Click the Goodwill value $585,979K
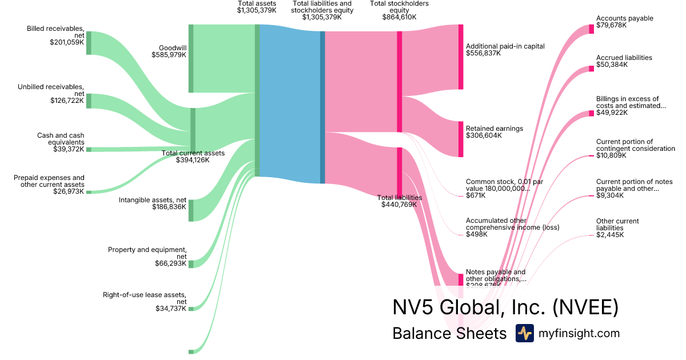(x=169, y=55)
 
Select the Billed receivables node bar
(x=89, y=43)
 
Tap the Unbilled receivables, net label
(x=51, y=90)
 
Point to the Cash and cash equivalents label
(x=61, y=139)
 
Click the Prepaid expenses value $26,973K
(x=68, y=191)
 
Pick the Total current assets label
(x=193, y=153)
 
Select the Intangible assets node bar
(x=191, y=210)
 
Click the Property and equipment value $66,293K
(x=170, y=263)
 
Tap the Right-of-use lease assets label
(x=144, y=298)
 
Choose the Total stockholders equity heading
(x=399, y=7)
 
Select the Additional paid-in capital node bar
(x=461, y=57)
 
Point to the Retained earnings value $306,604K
(x=484, y=135)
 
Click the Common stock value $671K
(x=476, y=195)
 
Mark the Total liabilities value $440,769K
(x=400, y=204)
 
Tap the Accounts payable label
(x=624, y=18)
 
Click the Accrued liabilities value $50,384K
(x=612, y=65)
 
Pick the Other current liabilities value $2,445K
(x=610, y=235)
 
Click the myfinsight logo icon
(x=524, y=333)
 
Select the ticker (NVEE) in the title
(x=585, y=307)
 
